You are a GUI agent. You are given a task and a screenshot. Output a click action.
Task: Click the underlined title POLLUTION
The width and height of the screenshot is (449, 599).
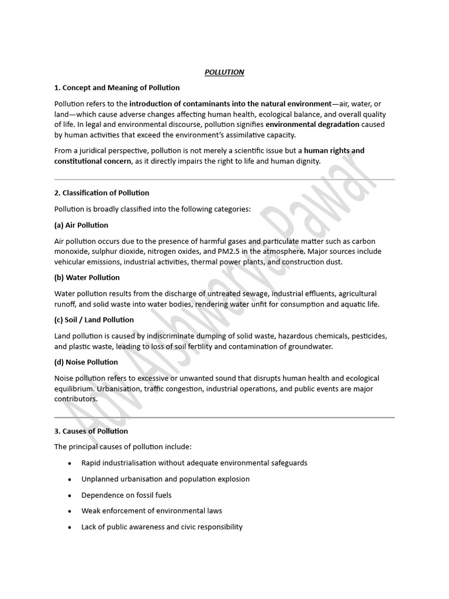(224, 72)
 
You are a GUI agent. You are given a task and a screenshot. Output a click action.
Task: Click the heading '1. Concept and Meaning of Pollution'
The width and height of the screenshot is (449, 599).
(117, 88)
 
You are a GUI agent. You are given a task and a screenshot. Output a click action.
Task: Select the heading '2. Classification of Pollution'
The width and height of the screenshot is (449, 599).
(102, 192)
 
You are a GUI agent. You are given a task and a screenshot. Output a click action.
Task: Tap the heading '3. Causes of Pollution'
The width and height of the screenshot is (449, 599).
(91, 431)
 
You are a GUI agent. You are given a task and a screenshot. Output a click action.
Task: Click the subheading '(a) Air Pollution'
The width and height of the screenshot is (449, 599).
(81, 225)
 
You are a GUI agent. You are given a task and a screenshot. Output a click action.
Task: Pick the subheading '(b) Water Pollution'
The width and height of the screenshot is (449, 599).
(87, 277)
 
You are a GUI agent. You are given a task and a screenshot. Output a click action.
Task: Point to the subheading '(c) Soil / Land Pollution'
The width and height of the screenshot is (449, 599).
(94, 319)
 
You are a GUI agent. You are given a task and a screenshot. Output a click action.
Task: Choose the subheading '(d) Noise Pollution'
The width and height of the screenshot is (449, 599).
(87, 362)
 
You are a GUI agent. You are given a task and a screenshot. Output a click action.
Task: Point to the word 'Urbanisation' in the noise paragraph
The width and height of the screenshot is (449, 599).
(118, 388)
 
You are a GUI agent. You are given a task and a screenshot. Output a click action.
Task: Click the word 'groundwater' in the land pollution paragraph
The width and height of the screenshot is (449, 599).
(312, 346)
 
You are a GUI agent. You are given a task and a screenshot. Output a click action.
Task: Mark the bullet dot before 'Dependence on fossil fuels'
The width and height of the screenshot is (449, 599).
(70, 495)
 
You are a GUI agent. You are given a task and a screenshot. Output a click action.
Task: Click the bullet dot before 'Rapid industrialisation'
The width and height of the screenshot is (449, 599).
(70, 463)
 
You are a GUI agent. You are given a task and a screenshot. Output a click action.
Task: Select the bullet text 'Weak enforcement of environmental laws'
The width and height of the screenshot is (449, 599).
(151, 511)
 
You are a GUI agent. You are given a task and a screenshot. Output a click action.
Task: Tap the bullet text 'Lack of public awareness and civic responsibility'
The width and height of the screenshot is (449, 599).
(162, 526)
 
